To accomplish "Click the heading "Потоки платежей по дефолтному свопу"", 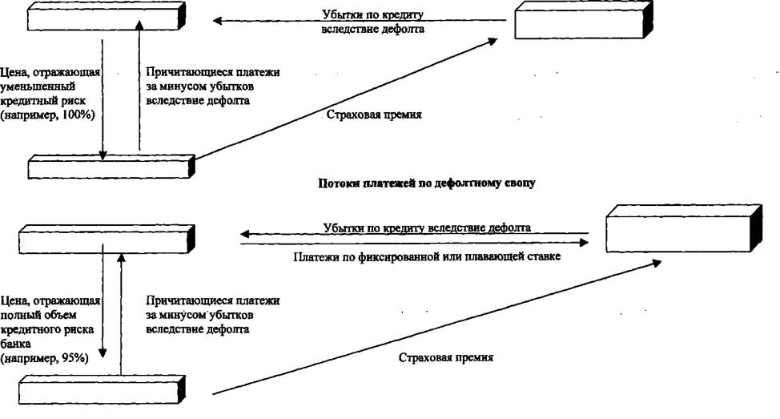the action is [x=426, y=183].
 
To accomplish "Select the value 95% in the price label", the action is [x=75, y=358].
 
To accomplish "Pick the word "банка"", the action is [x=16, y=344].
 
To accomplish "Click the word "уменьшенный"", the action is [x=38, y=87].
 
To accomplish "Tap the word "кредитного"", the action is [x=30, y=329].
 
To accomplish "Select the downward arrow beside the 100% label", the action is [x=103, y=99].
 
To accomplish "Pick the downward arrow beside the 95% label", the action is [x=103, y=300].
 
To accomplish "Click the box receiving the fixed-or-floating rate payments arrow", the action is [x=684, y=229].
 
